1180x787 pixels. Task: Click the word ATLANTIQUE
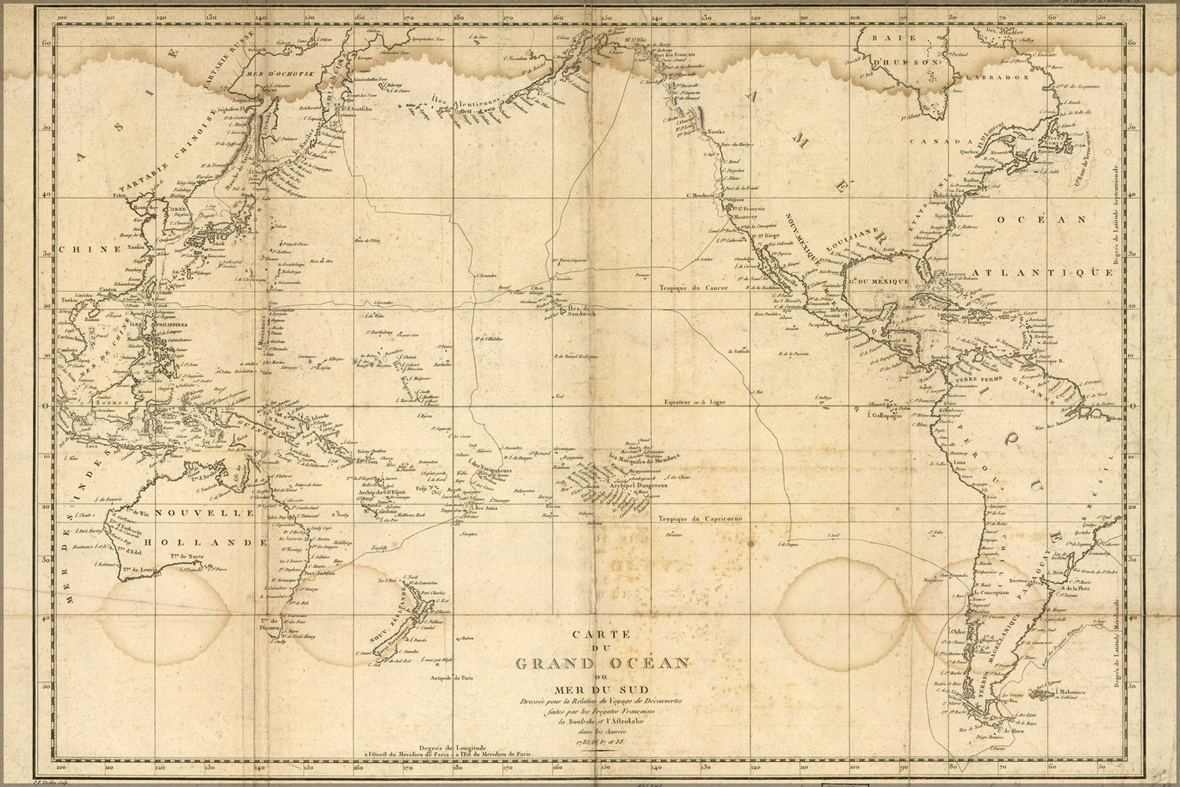coord(1041,272)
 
